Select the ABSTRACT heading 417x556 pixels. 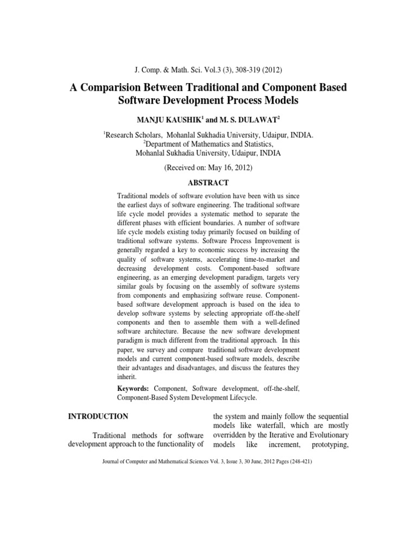208,183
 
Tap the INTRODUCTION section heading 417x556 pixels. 98,416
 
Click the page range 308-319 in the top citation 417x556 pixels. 241,70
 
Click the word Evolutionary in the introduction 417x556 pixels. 327,435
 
